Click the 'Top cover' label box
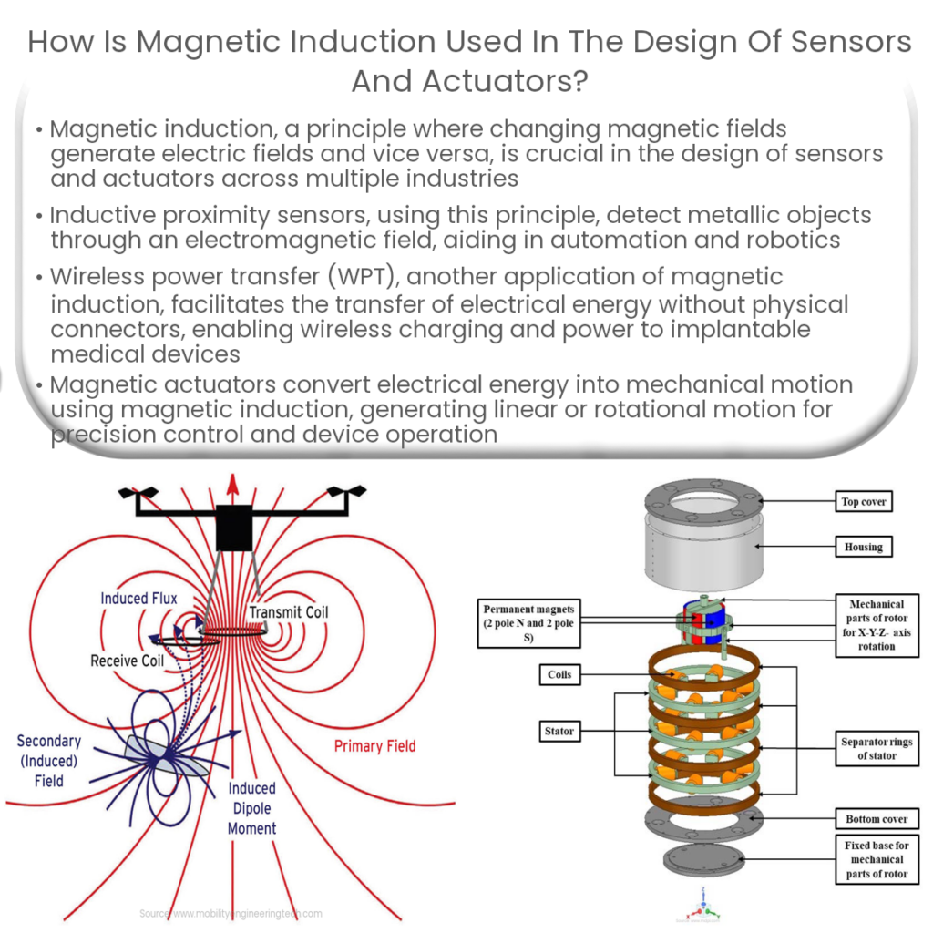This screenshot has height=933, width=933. tap(863, 501)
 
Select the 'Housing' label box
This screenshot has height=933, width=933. tap(863, 547)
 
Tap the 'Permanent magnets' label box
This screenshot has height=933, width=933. tap(528, 623)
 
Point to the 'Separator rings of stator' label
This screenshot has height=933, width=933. tap(876, 748)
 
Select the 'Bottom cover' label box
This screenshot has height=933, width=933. tap(876, 819)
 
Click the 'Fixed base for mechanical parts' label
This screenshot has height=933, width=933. tap(876, 859)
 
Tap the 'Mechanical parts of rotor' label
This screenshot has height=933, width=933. tap(876, 625)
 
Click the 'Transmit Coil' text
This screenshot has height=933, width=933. tap(289, 612)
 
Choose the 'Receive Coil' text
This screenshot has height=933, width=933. tap(127, 661)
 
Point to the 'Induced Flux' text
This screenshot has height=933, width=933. tap(138, 599)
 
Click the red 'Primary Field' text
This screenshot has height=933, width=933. tap(374, 746)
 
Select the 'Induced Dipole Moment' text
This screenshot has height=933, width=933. tap(252, 808)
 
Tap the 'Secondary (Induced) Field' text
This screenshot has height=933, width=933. tap(49, 761)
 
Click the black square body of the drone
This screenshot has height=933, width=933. tap(233, 529)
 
